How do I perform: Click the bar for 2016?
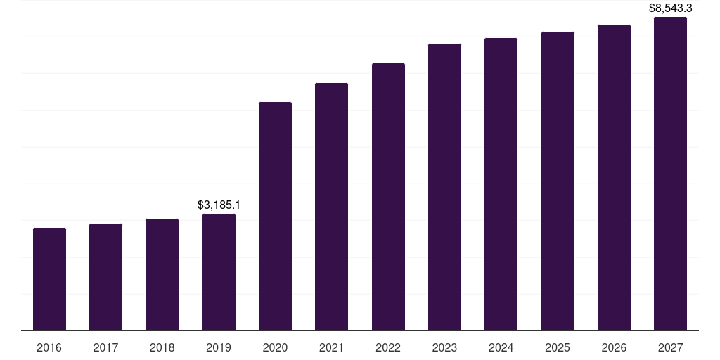[49, 279]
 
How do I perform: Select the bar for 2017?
[105, 277]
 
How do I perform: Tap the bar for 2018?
[162, 274]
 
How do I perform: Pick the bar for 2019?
[219, 272]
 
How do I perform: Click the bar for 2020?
[275, 216]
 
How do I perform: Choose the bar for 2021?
[331, 207]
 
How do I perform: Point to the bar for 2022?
[388, 197]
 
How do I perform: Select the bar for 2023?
[444, 187]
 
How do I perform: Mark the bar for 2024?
[501, 184]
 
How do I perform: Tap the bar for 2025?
[558, 181]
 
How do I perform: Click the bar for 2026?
[614, 177]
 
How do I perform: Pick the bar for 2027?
[670, 174]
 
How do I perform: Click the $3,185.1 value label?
[219, 205]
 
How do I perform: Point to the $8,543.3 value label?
[670, 8]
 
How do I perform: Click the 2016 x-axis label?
[49, 347]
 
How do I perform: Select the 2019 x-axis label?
[219, 347]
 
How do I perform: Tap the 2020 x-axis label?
[275, 347]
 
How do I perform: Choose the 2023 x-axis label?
[444, 347]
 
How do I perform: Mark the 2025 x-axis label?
[558, 347]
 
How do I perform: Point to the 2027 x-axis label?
[670, 347]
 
